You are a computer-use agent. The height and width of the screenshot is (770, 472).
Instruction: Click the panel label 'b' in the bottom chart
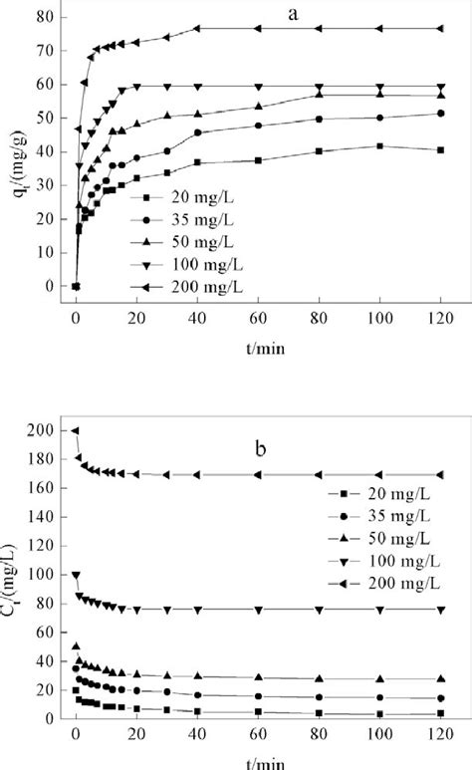(260, 449)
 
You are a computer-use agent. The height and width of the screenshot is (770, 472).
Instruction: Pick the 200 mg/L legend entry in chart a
(185, 286)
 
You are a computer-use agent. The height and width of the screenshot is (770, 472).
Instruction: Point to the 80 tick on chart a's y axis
(43, 18)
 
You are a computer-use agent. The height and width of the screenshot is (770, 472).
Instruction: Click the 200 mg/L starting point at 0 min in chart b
(76, 430)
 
